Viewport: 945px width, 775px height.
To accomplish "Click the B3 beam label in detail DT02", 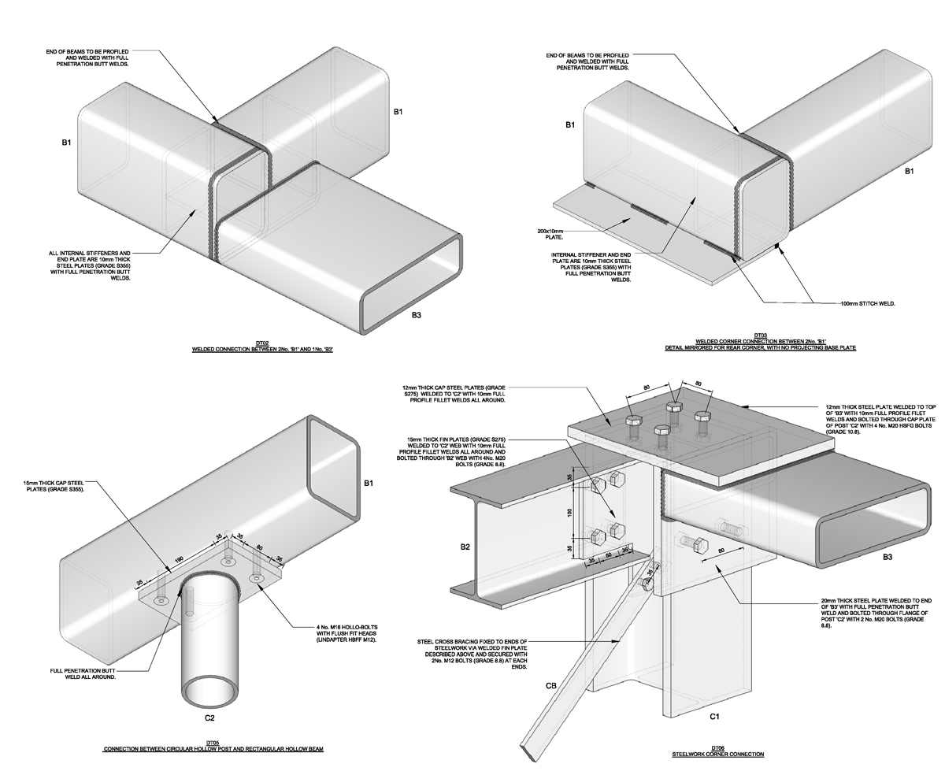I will tap(417, 315).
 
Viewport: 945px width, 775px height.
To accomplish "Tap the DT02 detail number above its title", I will tap(262, 343).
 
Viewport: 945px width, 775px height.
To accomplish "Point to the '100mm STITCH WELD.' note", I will tap(867, 303).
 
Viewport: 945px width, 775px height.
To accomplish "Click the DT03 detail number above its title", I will tap(760, 335).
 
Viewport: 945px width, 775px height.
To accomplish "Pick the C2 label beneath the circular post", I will tap(209, 718).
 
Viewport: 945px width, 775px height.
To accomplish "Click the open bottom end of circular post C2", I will tap(209, 691).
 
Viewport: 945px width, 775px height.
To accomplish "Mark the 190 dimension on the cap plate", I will tap(180, 560).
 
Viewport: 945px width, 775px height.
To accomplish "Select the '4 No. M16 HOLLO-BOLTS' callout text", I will tap(347, 633).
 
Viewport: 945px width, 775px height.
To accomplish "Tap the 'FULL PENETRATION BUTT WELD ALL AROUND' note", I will tap(83, 673).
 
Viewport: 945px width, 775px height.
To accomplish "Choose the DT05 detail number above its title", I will tap(213, 743).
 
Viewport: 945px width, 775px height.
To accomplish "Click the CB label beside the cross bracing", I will tap(550, 685).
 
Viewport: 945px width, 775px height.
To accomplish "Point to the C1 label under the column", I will tap(714, 716).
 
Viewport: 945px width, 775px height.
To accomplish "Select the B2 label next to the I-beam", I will tap(465, 546).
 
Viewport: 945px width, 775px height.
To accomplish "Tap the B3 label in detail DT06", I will tap(887, 557).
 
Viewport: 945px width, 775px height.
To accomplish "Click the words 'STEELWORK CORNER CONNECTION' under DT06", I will tap(717, 755).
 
